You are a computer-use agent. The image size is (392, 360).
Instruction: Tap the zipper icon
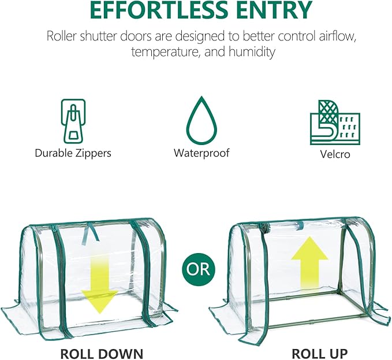73,121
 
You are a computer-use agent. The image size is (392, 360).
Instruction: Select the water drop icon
201,121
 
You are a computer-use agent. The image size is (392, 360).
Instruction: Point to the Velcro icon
335,123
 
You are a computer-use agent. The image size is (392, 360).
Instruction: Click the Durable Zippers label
73,153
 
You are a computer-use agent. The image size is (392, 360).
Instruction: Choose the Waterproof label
201,153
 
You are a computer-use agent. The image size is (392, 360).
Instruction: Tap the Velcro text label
335,154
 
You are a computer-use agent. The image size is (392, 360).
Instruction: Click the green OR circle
198,269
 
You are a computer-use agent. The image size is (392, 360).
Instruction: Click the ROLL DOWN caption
102,354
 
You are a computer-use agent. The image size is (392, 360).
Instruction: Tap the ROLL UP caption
320,354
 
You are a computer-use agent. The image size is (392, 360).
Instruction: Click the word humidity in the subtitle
252,52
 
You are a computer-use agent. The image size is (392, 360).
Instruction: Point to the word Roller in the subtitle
62,36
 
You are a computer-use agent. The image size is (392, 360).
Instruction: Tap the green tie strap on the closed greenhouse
91,231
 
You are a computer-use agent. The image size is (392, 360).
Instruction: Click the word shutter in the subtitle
99,36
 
